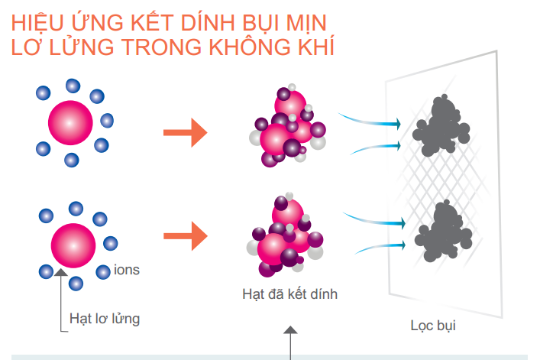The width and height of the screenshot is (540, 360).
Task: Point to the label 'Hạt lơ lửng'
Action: pos(105,317)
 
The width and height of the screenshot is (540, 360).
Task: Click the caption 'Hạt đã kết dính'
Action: pos(289,294)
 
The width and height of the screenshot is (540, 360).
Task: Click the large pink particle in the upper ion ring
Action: pos(70,121)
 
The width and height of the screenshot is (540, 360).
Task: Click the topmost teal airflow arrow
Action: pos(371,119)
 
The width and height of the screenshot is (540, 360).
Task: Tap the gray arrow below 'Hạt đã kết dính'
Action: pos(289,341)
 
